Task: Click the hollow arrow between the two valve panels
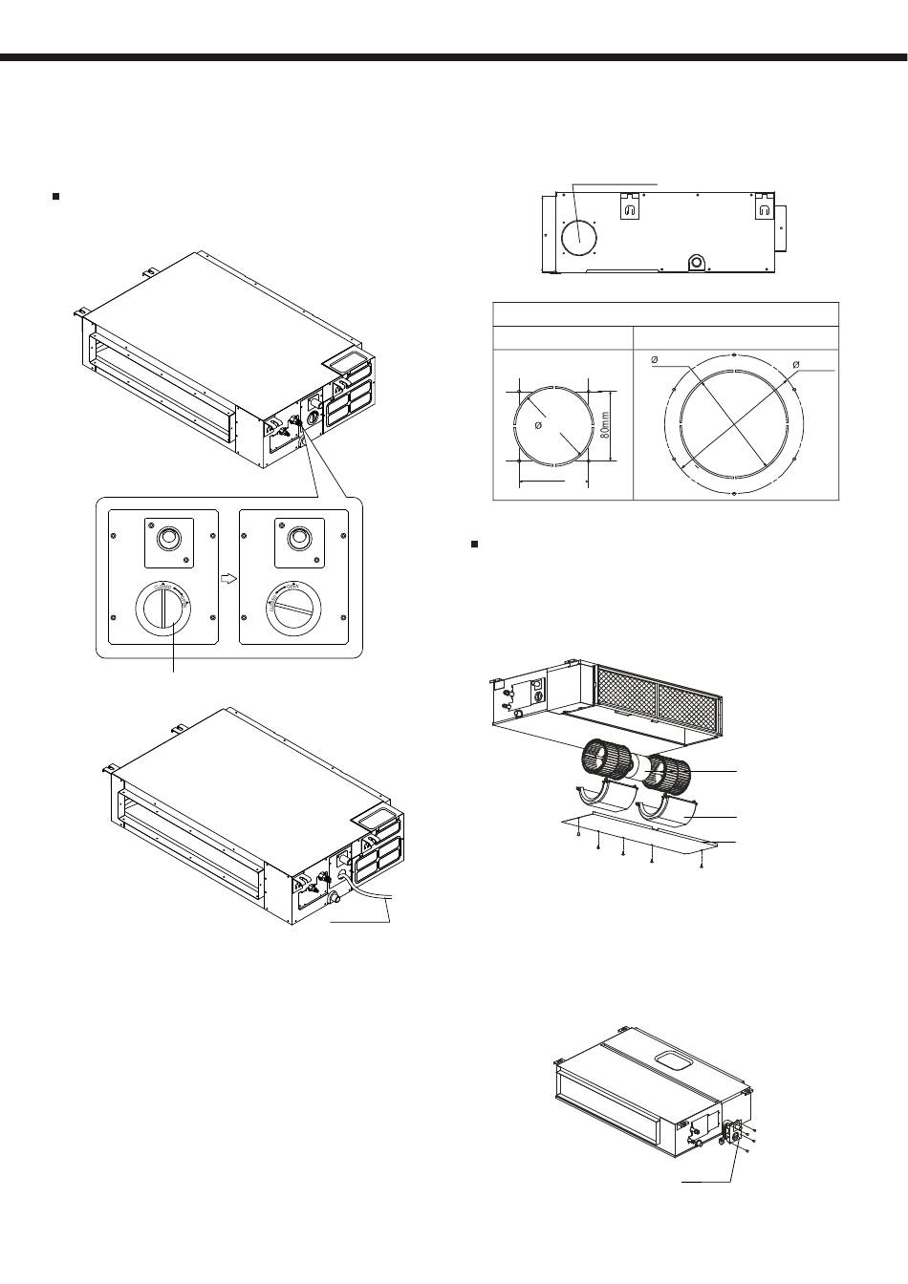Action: [227, 579]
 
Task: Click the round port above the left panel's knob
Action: [168, 539]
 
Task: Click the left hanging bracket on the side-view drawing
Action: [631, 208]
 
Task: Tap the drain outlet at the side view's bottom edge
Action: [696, 261]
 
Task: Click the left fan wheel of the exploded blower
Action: [604, 765]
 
